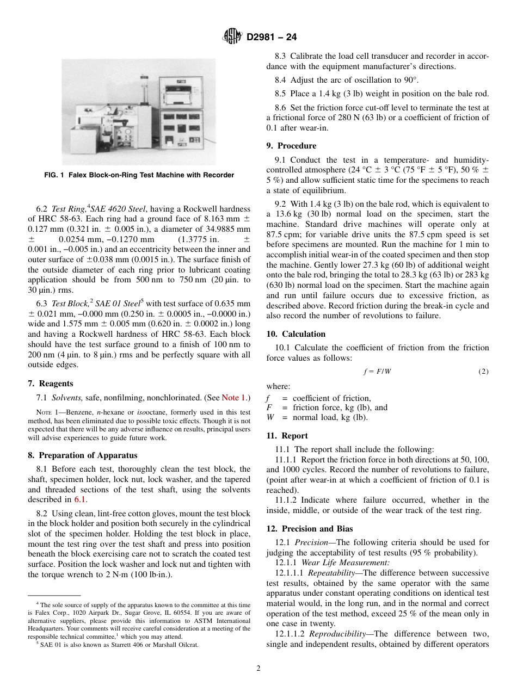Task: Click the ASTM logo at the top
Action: pyautogui.click(x=232, y=37)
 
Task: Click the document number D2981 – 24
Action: pyautogui.click(x=272, y=38)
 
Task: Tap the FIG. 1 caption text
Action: pyautogui.click(x=139, y=175)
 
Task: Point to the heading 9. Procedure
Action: pyautogui.click(x=291, y=146)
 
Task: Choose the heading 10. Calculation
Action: pyautogui.click(x=296, y=334)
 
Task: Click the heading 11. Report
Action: pyautogui.click(x=287, y=436)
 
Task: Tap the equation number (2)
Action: pyautogui.click(x=483, y=372)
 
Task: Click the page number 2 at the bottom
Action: pyautogui.click(x=258, y=669)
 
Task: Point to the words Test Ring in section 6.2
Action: pyautogui.click(x=66, y=209)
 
